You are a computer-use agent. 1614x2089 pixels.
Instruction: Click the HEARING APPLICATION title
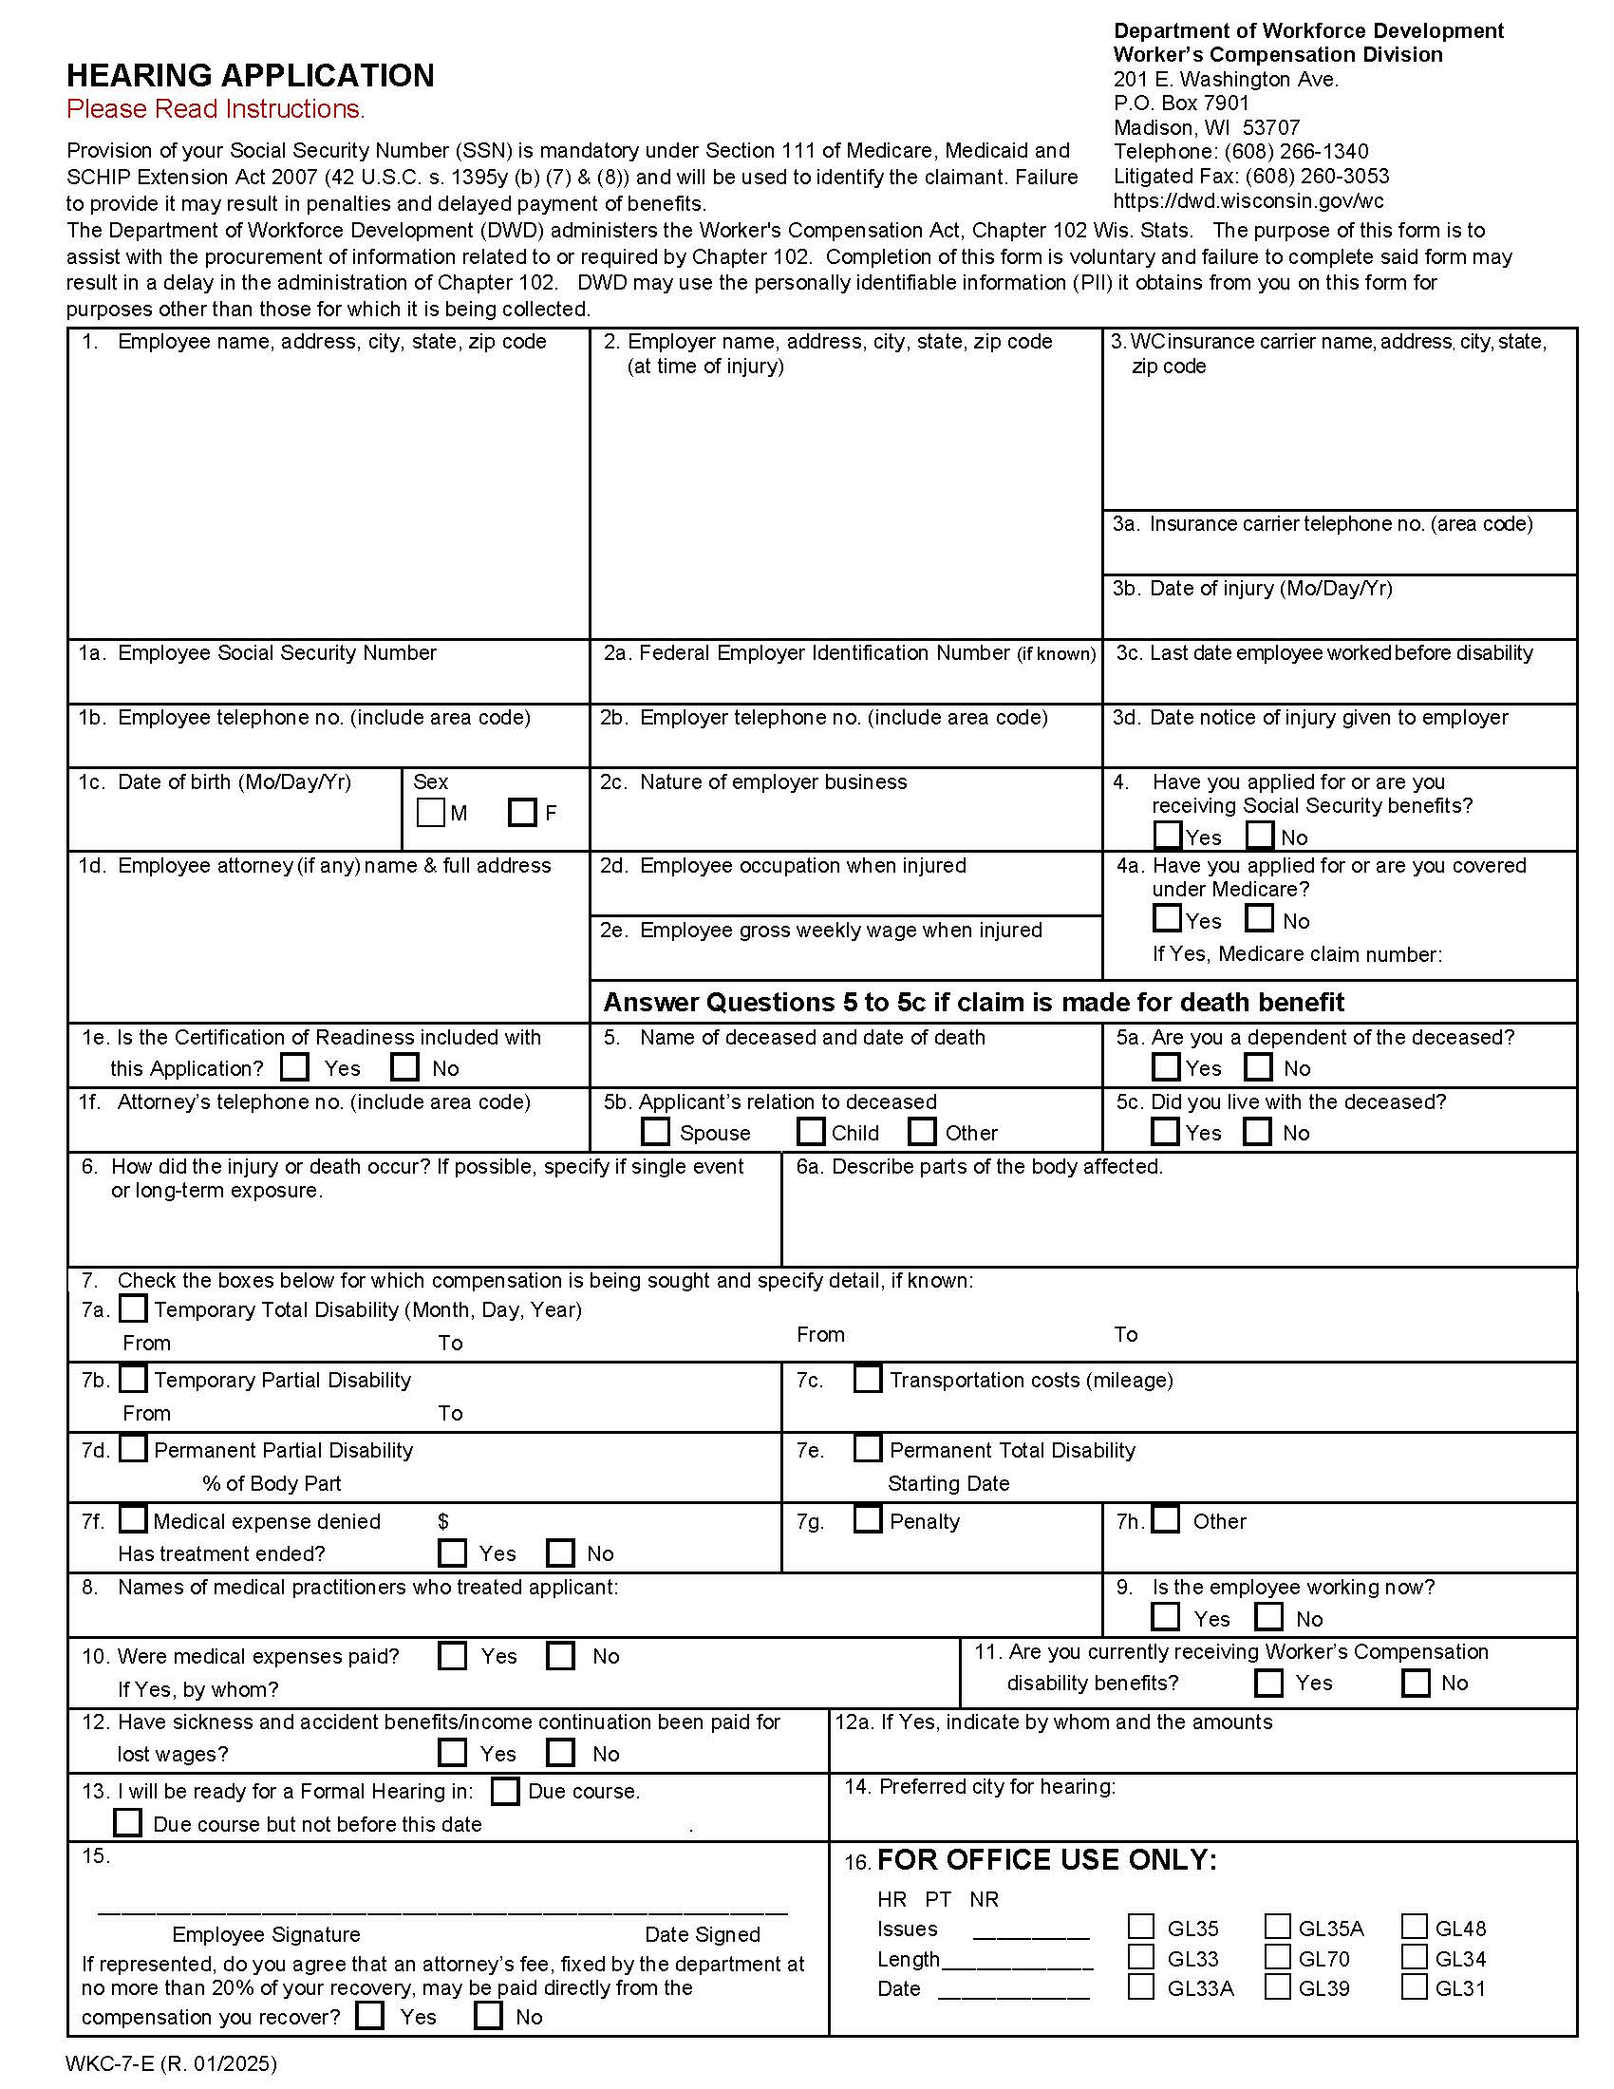click(x=251, y=76)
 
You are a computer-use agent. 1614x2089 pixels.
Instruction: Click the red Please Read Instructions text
click(x=216, y=110)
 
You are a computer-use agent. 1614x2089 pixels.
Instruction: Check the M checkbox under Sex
click(x=430, y=813)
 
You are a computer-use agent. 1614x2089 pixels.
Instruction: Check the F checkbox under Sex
click(x=522, y=813)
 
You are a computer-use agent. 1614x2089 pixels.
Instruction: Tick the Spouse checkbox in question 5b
click(x=655, y=1132)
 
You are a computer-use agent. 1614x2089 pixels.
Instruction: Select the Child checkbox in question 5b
click(x=811, y=1132)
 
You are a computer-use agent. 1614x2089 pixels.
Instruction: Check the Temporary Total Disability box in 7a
click(x=133, y=1308)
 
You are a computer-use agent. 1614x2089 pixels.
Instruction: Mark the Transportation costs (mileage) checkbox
click(x=867, y=1379)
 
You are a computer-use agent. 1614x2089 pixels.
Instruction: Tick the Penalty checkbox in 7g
click(x=867, y=1519)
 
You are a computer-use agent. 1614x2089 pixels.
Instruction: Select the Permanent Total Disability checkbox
click(x=867, y=1448)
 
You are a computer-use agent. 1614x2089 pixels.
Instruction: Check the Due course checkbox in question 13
click(x=505, y=1791)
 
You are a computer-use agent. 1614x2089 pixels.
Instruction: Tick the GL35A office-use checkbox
click(x=1277, y=1926)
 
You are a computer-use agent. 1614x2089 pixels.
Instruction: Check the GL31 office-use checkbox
click(x=1415, y=1986)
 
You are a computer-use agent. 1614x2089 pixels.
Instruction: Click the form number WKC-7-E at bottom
click(x=171, y=2063)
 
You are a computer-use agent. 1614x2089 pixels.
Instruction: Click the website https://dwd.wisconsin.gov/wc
click(x=1248, y=201)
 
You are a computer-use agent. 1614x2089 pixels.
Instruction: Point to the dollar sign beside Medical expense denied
click(x=442, y=1521)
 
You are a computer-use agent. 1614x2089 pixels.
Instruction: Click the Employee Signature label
click(x=266, y=1934)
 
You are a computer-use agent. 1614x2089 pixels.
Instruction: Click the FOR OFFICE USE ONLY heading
click(x=1046, y=1860)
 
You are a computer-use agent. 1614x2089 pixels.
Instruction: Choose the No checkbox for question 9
click(x=1268, y=1616)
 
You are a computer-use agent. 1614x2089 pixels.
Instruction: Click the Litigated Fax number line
click(x=1250, y=176)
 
